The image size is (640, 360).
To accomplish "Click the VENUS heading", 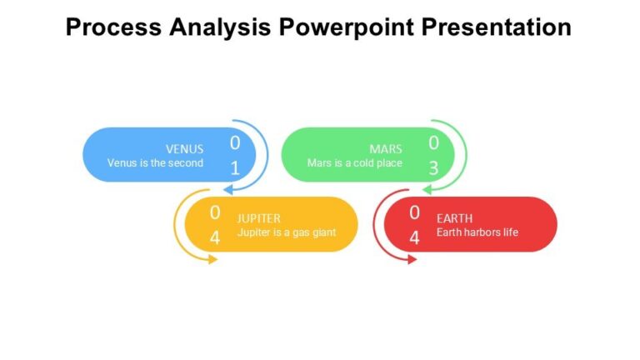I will (x=184, y=149).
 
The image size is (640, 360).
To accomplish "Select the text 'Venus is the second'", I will (x=155, y=163).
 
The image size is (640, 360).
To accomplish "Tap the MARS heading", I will (x=386, y=149).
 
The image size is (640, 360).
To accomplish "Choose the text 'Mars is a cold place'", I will (x=354, y=163).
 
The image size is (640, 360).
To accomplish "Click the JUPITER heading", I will (x=259, y=218).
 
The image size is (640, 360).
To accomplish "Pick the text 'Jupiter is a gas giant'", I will (x=287, y=232).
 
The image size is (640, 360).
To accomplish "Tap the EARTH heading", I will (x=454, y=218).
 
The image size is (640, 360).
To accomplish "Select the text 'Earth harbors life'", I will (x=477, y=232).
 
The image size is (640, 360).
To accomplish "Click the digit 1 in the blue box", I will (x=235, y=168).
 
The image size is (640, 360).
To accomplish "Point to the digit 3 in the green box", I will (x=433, y=168).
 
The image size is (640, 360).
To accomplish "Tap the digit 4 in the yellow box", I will (x=215, y=237).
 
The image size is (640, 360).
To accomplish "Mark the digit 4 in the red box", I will (x=414, y=237).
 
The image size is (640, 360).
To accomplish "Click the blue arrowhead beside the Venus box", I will (x=237, y=190).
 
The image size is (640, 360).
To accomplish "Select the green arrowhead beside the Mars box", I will (x=435, y=190).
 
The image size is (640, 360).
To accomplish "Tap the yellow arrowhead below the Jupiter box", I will (x=212, y=259).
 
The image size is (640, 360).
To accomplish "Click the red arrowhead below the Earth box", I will (x=411, y=259).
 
